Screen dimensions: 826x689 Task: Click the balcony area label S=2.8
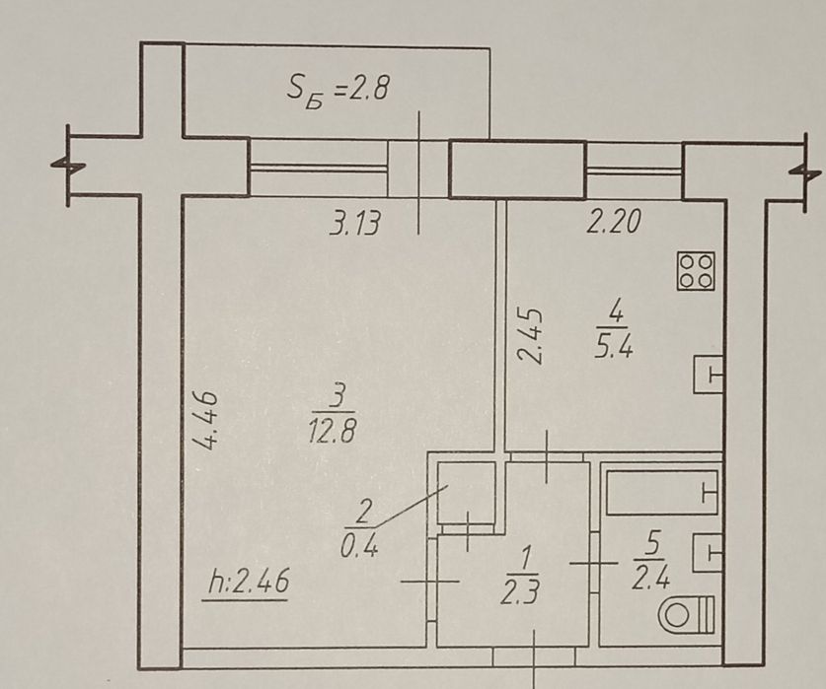coord(339,91)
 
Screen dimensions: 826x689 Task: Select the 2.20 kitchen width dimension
coord(613,223)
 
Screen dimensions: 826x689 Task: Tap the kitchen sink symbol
coord(710,375)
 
